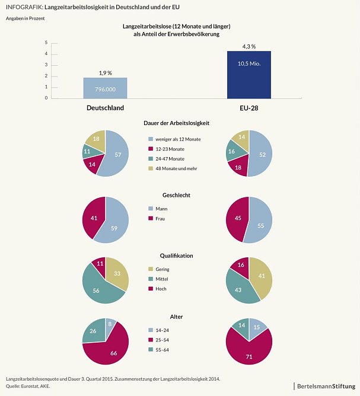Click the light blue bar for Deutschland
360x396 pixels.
coord(105,88)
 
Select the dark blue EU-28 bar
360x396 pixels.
coord(249,74)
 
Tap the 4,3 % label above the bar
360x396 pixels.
coord(249,46)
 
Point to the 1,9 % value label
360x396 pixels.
coord(105,72)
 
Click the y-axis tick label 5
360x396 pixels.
coord(46,43)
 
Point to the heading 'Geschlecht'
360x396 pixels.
coord(176,195)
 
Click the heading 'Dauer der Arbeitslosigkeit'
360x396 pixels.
coord(176,123)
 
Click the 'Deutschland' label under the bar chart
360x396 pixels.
coord(105,108)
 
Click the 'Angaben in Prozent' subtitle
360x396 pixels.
coord(25,19)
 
